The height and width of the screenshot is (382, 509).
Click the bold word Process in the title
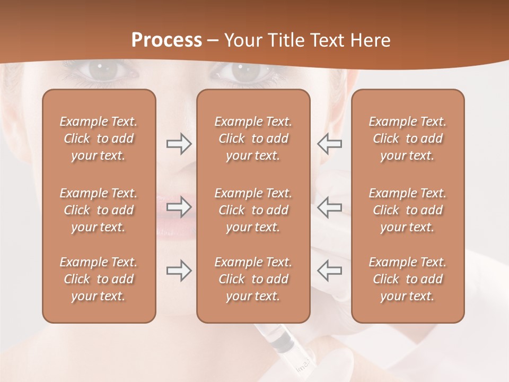[166, 40]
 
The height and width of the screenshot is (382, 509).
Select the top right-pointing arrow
[179, 144]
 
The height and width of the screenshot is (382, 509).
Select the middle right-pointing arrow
[179, 207]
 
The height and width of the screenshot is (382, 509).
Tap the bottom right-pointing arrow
[179, 271]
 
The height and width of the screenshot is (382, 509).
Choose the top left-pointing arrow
[330, 144]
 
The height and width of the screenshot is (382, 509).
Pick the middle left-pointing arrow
[330, 207]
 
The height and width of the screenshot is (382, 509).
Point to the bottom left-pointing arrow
[330, 271]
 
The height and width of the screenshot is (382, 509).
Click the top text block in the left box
[99, 138]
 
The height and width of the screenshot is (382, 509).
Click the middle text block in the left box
[99, 210]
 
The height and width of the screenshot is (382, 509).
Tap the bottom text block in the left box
[99, 279]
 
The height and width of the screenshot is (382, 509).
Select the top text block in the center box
[253, 138]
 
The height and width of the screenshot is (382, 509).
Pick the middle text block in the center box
[253, 210]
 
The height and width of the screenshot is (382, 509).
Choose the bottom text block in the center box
[253, 279]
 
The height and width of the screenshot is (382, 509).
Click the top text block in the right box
[407, 138]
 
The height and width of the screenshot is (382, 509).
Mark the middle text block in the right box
[407, 210]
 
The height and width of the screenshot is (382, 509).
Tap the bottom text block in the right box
[407, 279]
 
